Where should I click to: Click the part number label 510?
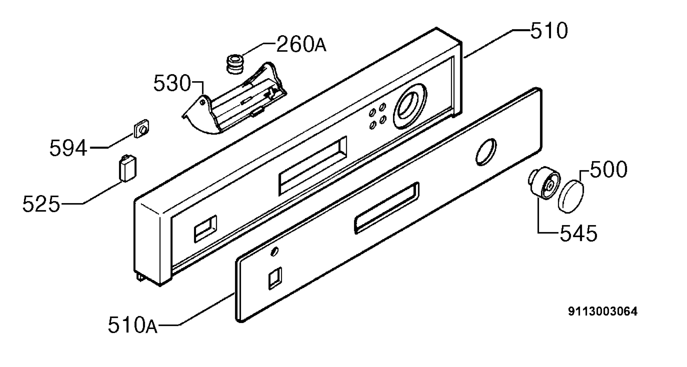tap(549, 31)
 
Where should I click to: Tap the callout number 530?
tap(172, 83)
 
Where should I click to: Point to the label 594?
tap(68, 148)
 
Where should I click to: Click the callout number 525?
tap(41, 204)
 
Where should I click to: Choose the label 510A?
tap(133, 325)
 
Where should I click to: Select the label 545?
tap(579, 233)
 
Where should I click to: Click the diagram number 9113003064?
tap(603, 312)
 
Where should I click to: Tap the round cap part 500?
tap(571, 196)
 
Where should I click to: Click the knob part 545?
tap(544, 183)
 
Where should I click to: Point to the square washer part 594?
tap(141, 129)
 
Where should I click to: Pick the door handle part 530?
tap(235, 98)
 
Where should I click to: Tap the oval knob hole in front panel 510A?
tap(486, 152)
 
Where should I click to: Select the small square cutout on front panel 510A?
tap(275, 278)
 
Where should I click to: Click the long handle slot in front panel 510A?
tap(387, 208)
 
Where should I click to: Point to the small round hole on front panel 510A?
tap(274, 251)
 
